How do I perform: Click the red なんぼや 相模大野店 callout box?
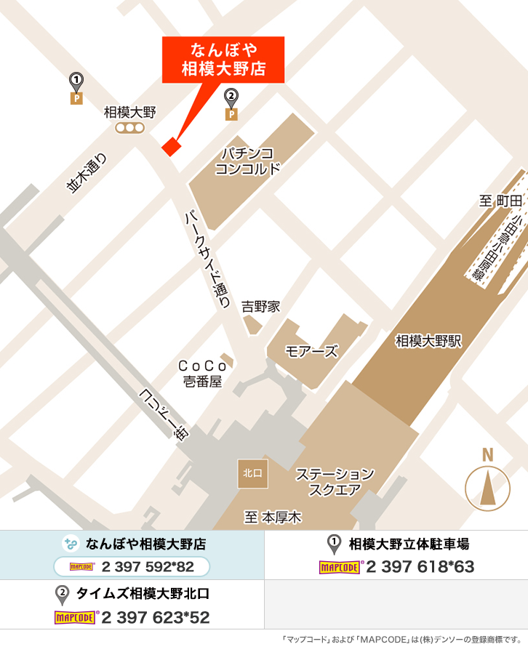point(223,61)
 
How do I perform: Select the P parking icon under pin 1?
point(76,98)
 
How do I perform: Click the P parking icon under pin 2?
point(231,113)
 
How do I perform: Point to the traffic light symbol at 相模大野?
point(131,128)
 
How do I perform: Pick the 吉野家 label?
point(261,307)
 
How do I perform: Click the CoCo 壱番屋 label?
point(201,374)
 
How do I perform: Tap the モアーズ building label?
point(312,352)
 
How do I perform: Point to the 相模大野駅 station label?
point(429,341)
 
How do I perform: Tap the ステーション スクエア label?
point(335,482)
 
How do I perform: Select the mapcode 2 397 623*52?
point(155,618)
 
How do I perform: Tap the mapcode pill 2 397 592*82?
point(132,567)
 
